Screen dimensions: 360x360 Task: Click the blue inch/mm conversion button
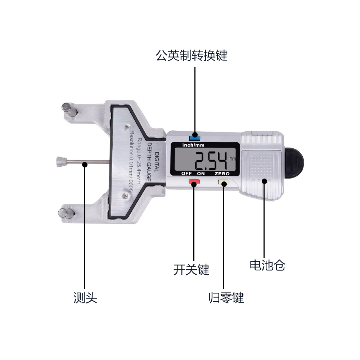(x=195, y=137)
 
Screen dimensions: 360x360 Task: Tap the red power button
(x=194, y=183)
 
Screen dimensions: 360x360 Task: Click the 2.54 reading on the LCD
(x=211, y=161)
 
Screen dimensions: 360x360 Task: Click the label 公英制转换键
(x=192, y=56)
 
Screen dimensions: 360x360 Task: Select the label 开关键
(x=191, y=269)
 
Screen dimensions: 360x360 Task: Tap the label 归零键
(x=226, y=298)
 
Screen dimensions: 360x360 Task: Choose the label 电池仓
(x=267, y=265)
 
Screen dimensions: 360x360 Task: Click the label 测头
(x=85, y=298)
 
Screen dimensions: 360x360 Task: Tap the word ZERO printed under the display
(x=222, y=174)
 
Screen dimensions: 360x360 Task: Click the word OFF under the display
(x=186, y=174)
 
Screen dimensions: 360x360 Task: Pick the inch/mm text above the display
(x=194, y=145)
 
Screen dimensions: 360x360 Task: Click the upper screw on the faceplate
(x=127, y=127)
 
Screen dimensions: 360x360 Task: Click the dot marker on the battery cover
(x=265, y=181)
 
